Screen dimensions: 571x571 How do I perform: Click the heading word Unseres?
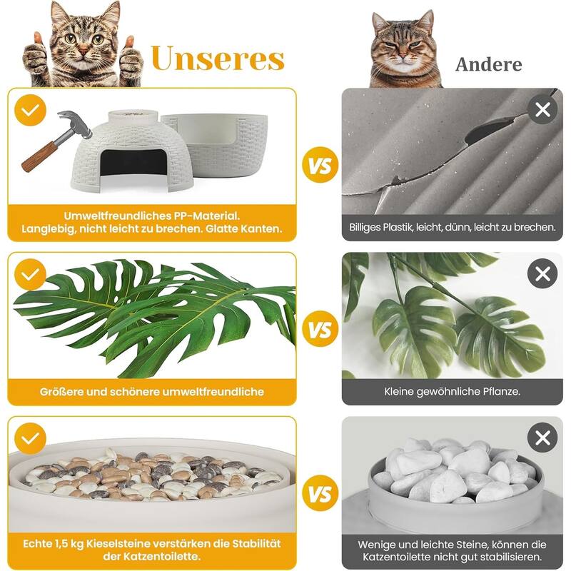coord(218,59)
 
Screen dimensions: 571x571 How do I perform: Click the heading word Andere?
coord(489,65)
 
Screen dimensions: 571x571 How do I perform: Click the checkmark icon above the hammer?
coord(31,111)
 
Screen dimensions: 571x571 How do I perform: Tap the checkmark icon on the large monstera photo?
coord(31,273)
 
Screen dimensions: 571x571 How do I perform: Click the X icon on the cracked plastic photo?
coord(542,109)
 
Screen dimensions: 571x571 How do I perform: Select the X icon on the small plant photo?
coord(542,273)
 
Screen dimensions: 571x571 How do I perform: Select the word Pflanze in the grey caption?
coord(499,391)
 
